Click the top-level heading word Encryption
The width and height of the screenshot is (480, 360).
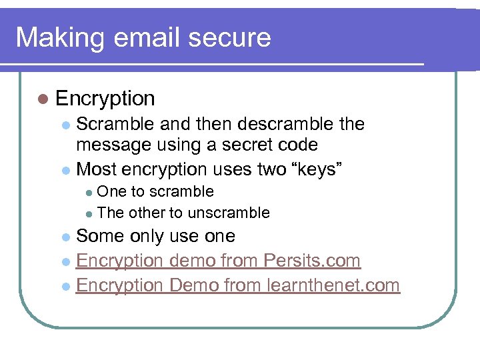[105, 99]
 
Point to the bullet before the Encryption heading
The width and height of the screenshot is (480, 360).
[43, 99]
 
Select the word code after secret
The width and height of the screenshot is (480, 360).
[298, 145]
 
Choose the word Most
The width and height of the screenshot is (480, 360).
[97, 169]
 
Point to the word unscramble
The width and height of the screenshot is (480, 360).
[229, 213]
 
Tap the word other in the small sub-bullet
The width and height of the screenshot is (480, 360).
[147, 213]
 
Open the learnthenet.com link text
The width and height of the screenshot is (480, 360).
[333, 285]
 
